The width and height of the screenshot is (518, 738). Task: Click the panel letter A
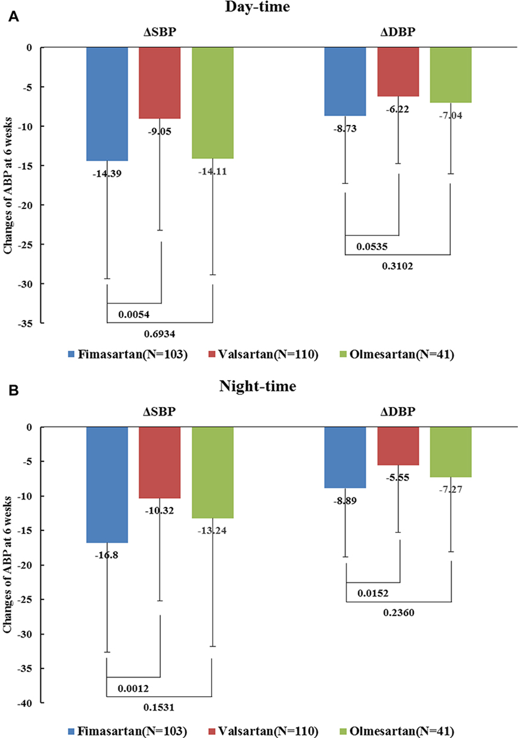click(13, 17)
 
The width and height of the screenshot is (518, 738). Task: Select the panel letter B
click(13, 391)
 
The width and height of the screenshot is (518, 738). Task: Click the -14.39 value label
click(107, 174)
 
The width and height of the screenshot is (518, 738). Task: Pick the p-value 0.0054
click(134, 315)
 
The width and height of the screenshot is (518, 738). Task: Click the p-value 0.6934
click(160, 334)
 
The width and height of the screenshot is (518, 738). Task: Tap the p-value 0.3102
click(397, 267)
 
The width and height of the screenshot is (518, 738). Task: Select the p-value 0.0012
click(133, 689)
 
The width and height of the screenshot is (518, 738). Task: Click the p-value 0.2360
click(398, 612)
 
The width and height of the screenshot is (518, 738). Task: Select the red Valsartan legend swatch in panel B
click(212, 731)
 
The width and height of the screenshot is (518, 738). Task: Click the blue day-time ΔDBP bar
click(345, 82)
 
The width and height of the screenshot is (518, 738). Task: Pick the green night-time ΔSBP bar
click(213, 473)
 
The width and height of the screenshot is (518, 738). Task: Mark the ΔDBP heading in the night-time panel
click(398, 411)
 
